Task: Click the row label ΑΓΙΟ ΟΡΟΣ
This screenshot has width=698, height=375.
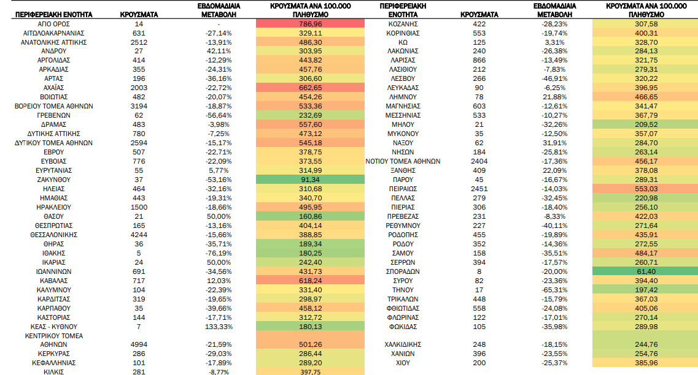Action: [53, 24]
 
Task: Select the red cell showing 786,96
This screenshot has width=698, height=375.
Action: [310, 24]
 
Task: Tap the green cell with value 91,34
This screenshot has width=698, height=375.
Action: [310, 180]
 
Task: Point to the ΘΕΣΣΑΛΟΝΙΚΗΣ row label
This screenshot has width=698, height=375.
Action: [53, 235]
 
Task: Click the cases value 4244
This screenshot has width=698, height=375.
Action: [139, 235]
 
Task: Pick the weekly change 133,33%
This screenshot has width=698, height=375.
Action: [219, 327]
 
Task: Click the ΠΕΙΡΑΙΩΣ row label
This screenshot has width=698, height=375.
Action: [403, 189]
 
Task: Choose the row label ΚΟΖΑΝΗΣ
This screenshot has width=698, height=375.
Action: [403, 24]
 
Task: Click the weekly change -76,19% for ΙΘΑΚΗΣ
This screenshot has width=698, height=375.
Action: [219, 253]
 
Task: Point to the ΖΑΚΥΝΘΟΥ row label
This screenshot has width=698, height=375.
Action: [53, 180]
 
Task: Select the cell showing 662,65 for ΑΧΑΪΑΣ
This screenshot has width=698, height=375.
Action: [310, 88]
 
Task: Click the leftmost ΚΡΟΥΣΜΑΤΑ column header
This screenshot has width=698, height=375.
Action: [139, 15]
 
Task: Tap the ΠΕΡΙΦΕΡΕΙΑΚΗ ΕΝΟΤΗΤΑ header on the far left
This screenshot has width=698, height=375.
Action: [53, 15]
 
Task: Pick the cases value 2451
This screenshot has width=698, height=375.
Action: [479, 189]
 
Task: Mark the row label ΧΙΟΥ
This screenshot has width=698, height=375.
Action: [403, 363]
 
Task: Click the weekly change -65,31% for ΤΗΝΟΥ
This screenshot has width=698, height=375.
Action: [555, 290]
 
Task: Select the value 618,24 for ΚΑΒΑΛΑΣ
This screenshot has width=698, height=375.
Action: [310, 281]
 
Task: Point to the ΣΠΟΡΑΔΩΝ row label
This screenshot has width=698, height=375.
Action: [403, 271]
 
